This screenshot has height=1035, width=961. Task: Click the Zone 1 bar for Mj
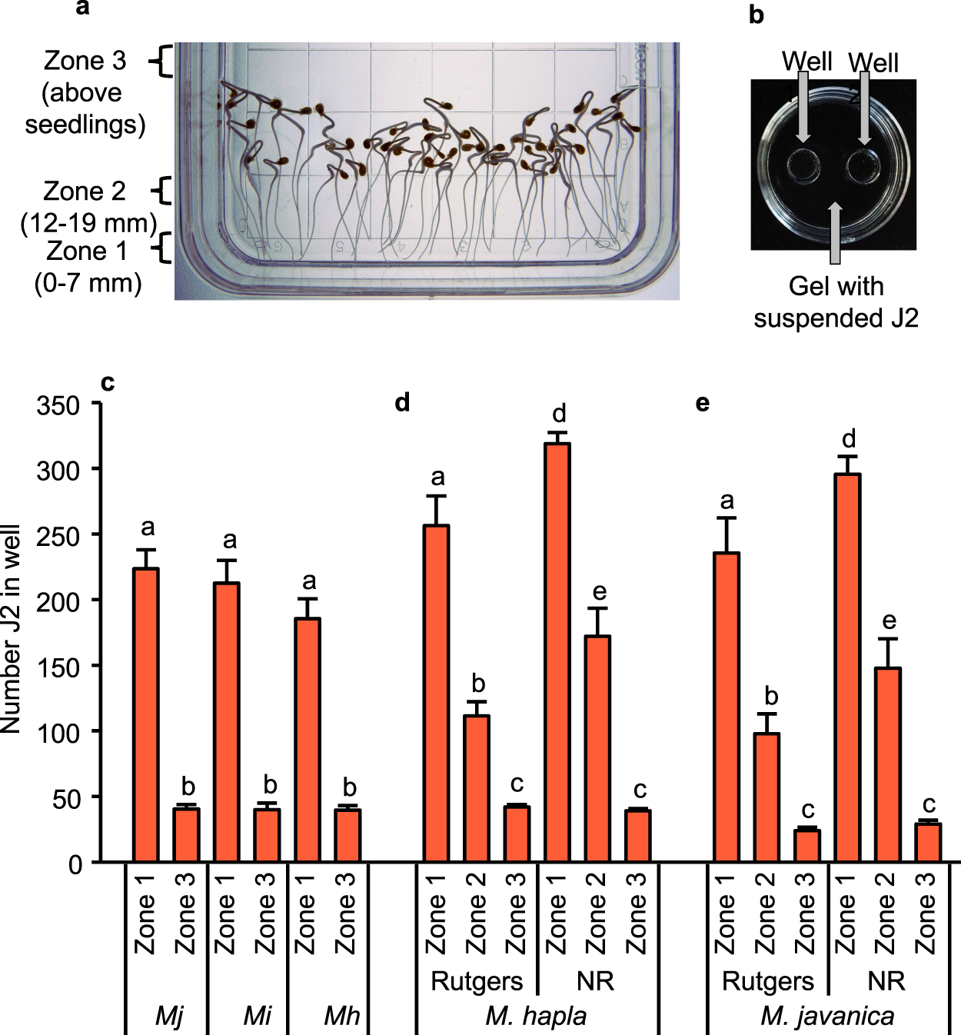[145, 715]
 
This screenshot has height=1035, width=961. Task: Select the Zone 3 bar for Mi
[267, 835]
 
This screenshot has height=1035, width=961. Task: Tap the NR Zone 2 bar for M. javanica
[887, 765]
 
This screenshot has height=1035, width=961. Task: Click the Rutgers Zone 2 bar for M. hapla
[477, 788]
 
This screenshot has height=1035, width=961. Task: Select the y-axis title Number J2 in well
[12, 629]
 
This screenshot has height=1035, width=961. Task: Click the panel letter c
[108, 382]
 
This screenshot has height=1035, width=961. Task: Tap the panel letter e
[702, 402]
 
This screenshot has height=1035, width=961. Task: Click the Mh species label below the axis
[341, 1016]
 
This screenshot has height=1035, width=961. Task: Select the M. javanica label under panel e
[827, 1016]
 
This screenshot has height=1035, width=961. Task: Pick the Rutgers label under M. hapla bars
[477, 981]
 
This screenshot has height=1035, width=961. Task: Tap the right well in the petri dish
[863, 166]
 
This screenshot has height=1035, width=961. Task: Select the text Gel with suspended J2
[836, 302]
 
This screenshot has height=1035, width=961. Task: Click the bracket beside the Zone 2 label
[161, 191]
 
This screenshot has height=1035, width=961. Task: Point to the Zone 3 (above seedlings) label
[85, 92]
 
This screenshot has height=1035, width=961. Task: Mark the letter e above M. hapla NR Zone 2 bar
[600, 592]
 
